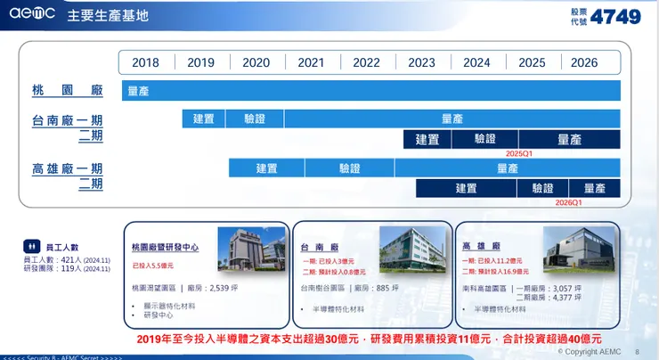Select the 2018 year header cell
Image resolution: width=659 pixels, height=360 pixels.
(x=146, y=62)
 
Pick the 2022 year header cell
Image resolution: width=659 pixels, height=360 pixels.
(x=366, y=62)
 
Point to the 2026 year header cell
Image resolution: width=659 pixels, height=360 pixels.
(x=584, y=62)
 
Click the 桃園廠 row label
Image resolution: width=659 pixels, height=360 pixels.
(x=68, y=91)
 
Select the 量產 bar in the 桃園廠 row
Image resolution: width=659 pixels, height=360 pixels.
(x=371, y=91)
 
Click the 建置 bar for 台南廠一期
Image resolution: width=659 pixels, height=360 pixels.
(x=202, y=119)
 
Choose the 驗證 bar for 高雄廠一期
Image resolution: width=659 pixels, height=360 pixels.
(x=350, y=168)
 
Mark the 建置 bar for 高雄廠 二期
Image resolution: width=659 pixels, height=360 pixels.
(x=467, y=188)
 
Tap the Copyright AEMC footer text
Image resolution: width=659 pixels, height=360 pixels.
(x=589, y=352)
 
